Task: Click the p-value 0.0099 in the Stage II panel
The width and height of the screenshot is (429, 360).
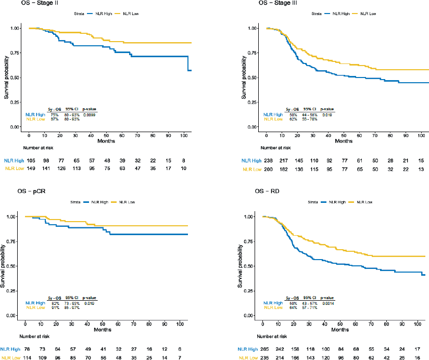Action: click(90, 114)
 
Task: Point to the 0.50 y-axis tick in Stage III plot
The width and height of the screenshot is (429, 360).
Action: click(254, 78)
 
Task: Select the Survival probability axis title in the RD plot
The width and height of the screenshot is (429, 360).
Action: click(241, 266)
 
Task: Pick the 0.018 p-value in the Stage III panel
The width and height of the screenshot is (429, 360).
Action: click(327, 114)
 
